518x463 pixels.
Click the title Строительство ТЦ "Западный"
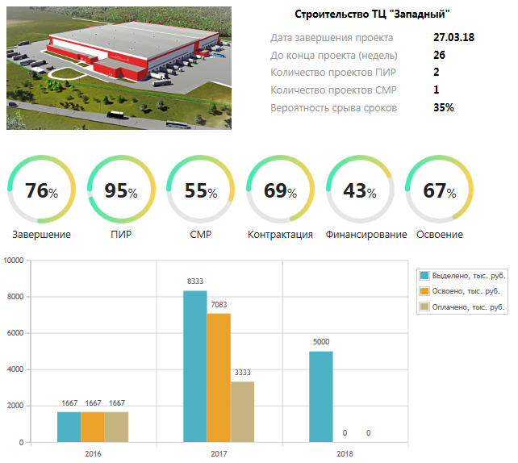pyautogui.click(x=372, y=15)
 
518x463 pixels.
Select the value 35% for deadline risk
pyautogui.click(x=444, y=107)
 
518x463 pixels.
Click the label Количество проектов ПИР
pyautogui.click(x=332, y=73)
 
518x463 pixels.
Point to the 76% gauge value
pyautogui.click(x=42, y=191)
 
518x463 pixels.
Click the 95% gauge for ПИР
pyautogui.click(x=121, y=191)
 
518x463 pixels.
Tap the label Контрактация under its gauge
pyautogui.click(x=281, y=235)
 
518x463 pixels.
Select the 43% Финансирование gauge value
pyautogui.click(x=360, y=191)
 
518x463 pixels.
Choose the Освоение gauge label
pyautogui.click(x=440, y=235)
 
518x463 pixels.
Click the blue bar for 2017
pyautogui.click(x=195, y=366)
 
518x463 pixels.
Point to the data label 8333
pyautogui.click(x=195, y=281)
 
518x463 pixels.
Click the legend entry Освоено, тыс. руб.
pyautogui.click(x=467, y=291)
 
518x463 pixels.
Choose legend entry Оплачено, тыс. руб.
pyautogui.click(x=469, y=307)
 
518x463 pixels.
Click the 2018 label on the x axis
pyautogui.click(x=345, y=454)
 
